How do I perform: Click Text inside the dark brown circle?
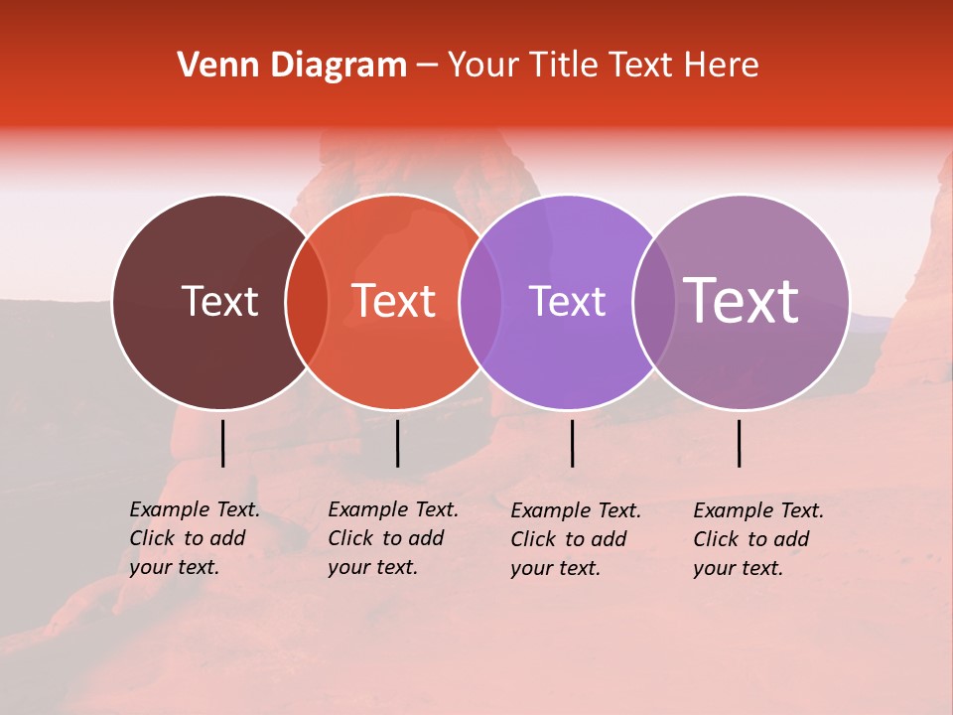[219, 301]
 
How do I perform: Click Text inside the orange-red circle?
[393, 301]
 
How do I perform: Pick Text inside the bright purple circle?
[567, 301]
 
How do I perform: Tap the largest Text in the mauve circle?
[742, 301]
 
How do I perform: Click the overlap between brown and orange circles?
[307, 302]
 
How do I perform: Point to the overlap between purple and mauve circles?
[652, 302]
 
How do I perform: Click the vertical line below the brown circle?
[222, 443]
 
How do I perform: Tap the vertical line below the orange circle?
[397, 443]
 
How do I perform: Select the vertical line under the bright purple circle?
[572, 443]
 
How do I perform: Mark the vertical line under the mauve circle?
[739, 443]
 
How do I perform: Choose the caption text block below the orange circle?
[392, 538]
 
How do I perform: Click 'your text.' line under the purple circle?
[555, 568]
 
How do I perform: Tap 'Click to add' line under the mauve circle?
[750, 539]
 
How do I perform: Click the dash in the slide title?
[427, 66]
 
